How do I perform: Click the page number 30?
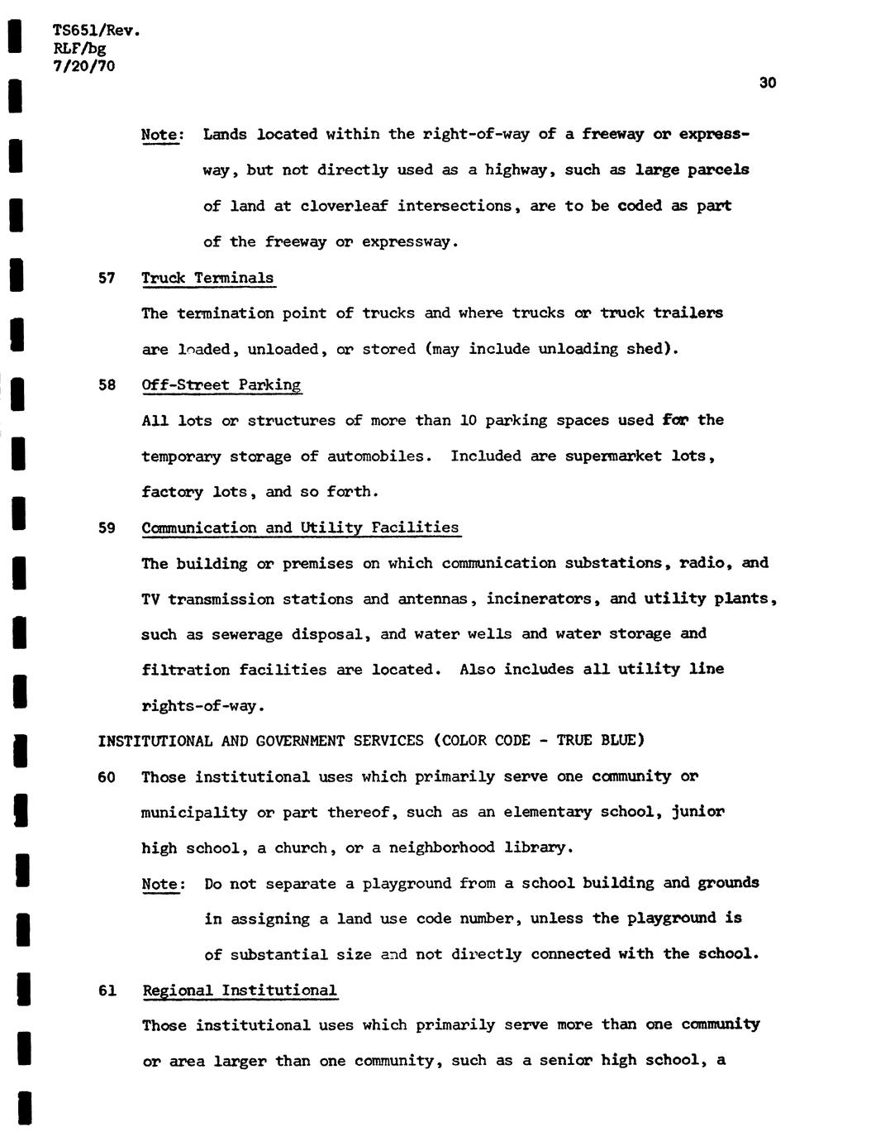tap(767, 83)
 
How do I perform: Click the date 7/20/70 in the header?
tap(83, 65)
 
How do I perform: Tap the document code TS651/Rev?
tap(96, 31)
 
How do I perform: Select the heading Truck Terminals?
tap(207, 278)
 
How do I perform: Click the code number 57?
tap(107, 278)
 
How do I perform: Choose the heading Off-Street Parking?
tap(221, 385)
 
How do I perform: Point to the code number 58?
tap(107, 385)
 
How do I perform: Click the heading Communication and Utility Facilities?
tap(300, 528)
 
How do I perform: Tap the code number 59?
tap(107, 528)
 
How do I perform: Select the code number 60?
tap(107, 777)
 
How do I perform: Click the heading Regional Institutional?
tap(240, 991)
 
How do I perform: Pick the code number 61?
tap(107, 991)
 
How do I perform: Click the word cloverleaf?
tap(344, 206)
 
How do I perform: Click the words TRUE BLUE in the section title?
tap(596, 741)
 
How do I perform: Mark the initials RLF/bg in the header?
tap(79, 49)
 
